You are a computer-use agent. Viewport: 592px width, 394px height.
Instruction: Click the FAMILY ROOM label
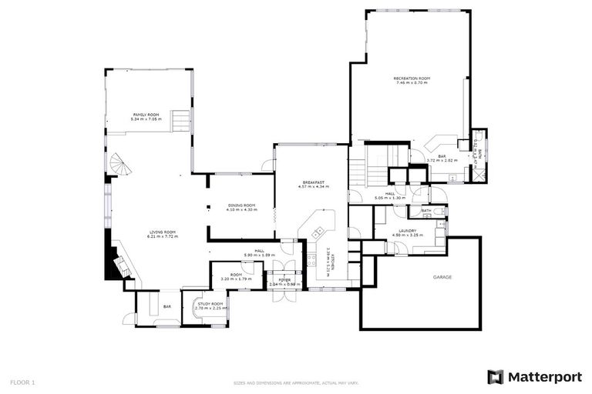click(x=146, y=114)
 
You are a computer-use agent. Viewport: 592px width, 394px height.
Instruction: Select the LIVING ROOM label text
click(x=163, y=232)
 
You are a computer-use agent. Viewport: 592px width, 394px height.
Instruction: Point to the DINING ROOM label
click(x=241, y=205)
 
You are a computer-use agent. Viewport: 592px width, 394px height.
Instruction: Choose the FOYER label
click(x=284, y=279)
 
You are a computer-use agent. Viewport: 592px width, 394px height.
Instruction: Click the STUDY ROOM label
click(x=210, y=304)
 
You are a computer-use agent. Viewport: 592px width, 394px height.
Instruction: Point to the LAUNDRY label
click(x=405, y=230)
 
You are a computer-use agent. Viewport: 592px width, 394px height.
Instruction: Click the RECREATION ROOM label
click(x=412, y=78)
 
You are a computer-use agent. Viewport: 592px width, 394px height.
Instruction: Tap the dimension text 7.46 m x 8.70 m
click(x=412, y=83)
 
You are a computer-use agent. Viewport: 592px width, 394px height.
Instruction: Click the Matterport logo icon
click(x=496, y=376)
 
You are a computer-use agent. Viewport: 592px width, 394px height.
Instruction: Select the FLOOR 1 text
click(x=22, y=382)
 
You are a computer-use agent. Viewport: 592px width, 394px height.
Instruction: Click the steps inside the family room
click(x=180, y=121)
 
